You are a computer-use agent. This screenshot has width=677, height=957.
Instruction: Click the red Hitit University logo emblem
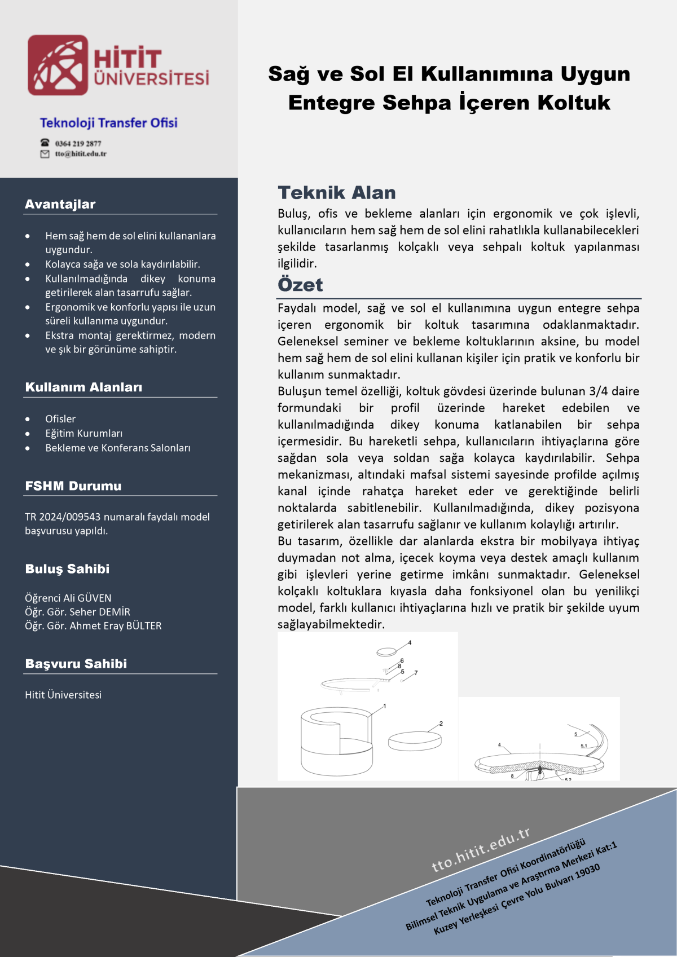tap(58, 65)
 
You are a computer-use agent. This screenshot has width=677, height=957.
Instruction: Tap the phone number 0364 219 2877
tap(78, 143)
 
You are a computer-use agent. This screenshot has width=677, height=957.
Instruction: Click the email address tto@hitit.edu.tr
tap(80, 153)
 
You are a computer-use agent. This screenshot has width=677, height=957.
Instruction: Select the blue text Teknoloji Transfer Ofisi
tap(108, 123)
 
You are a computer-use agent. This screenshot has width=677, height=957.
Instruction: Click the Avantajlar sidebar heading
tap(60, 204)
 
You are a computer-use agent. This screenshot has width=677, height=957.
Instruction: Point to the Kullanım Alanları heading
tap(83, 387)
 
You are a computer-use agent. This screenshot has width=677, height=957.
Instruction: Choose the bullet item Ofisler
tap(60, 419)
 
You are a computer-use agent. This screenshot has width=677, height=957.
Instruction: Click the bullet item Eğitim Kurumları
tap(83, 433)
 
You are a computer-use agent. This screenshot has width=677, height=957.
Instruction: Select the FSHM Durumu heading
tap(73, 486)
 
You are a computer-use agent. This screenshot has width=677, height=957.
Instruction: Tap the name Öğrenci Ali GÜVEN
tap(68, 598)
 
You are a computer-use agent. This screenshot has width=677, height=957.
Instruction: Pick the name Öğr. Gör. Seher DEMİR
tap(77, 612)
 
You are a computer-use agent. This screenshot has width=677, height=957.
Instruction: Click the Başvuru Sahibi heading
tap(76, 664)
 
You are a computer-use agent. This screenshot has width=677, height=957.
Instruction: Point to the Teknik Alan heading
tap(337, 193)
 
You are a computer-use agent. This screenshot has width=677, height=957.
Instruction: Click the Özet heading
tap(300, 285)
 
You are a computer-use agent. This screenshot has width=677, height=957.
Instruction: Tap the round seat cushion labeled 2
tap(415, 741)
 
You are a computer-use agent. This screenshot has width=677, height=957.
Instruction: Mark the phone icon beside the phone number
tap(45, 143)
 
